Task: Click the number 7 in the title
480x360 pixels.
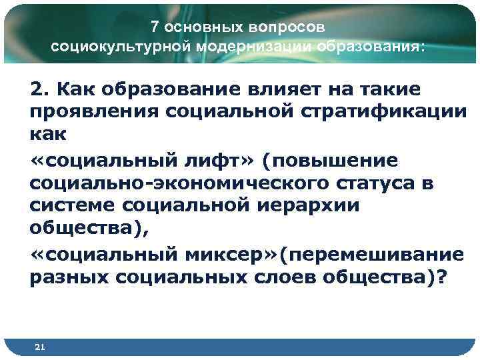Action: click(155, 27)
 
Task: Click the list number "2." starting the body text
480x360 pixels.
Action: click(39, 89)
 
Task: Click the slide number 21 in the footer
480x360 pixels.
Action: click(39, 347)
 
